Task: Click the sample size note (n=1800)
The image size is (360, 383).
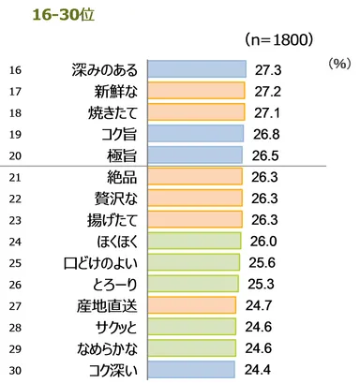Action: click(278, 40)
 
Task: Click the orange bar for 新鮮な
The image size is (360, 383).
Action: click(196, 91)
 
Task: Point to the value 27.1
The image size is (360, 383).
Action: click(270, 112)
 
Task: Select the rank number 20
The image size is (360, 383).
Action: click(14, 155)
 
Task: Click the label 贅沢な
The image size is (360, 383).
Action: click(114, 199)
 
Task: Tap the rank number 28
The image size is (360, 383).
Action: click(14, 325)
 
